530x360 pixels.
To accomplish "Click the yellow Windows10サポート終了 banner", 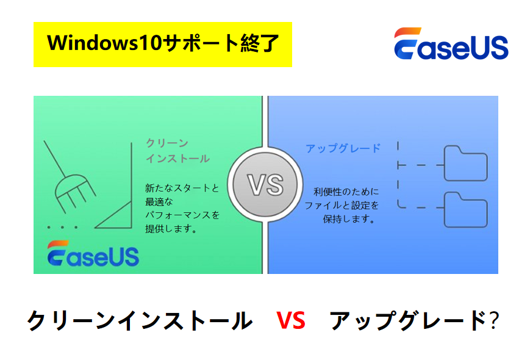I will point(163,45).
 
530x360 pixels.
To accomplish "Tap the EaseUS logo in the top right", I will point(451,45).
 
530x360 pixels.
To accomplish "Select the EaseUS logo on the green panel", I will point(93,254).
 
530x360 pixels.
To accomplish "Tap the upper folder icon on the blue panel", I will point(465,163).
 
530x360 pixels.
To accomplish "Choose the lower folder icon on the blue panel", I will point(465,209).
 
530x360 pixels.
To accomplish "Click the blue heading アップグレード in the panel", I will point(343,148).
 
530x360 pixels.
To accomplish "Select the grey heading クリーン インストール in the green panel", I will point(177,151).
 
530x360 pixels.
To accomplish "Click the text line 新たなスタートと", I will point(182,188).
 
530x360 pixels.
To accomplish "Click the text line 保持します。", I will point(348,218).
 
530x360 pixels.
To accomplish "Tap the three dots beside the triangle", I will point(63,228).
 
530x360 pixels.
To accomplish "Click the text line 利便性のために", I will point(346,191).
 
